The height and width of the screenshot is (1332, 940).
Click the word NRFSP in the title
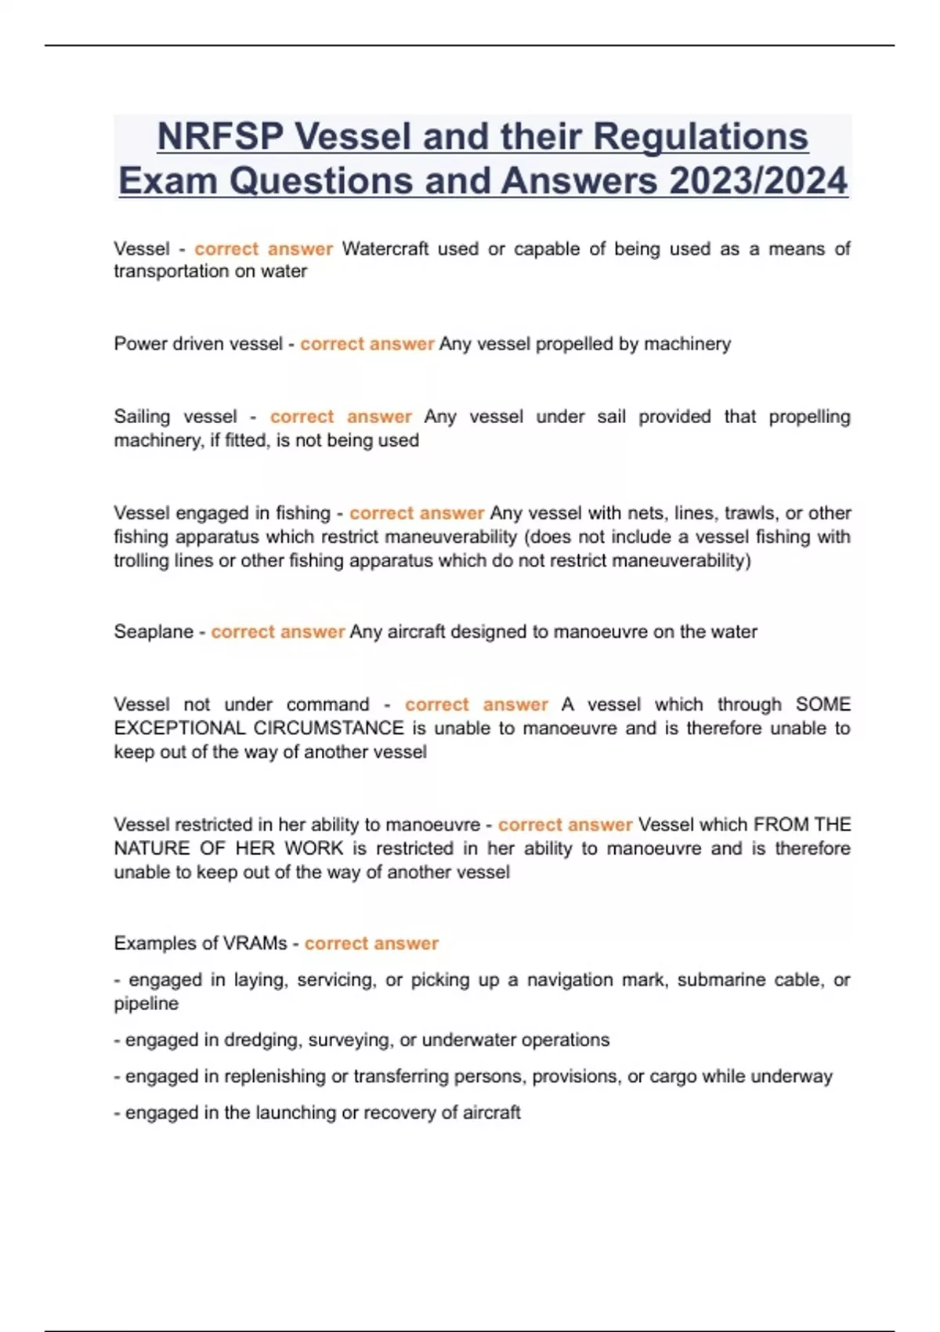tap(220, 136)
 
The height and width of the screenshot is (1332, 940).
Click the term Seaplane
tap(153, 632)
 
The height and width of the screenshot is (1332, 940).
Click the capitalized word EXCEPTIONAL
tap(180, 728)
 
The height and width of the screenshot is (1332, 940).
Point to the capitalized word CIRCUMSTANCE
tap(329, 728)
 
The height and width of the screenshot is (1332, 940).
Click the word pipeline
tap(146, 1004)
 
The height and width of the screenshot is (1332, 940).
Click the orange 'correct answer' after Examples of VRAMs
tap(371, 943)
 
